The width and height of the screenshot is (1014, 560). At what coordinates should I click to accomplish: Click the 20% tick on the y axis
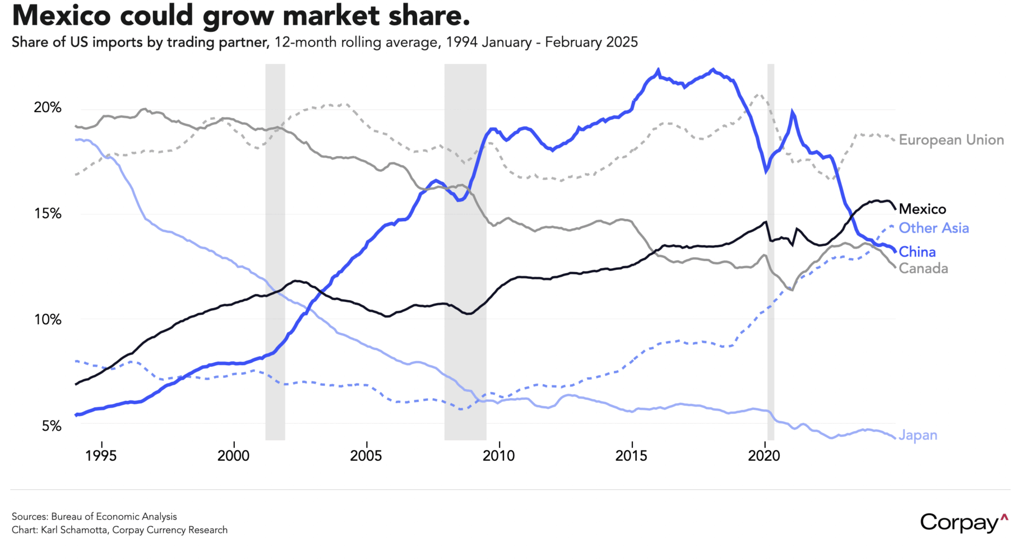pyautogui.click(x=48, y=108)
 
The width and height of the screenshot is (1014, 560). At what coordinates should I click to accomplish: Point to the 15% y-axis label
pyautogui.click(x=48, y=213)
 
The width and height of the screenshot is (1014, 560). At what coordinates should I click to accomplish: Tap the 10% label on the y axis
pyautogui.click(x=48, y=320)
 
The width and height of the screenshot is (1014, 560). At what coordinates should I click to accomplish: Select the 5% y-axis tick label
pyautogui.click(x=51, y=426)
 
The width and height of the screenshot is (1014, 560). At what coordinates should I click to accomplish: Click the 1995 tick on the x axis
pyautogui.click(x=101, y=456)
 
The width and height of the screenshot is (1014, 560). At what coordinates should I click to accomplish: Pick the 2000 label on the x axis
pyautogui.click(x=233, y=456)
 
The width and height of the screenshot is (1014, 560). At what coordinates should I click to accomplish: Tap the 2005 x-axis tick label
pyautogui.click(x=366, y=456)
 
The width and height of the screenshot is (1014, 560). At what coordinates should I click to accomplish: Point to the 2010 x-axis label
pyautogui.click(x=498, y=456)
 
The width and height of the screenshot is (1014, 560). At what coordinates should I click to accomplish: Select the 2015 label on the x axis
pyautogui.click(x=631, y=456)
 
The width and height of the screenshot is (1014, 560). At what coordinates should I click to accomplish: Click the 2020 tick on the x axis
pyautogui.click(x=764, y=456)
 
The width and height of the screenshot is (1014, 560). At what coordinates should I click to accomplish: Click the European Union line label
pyautogui.click(x=951, y=140)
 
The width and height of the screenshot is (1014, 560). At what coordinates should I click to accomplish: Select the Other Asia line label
pyautogui.click(x=934, y=228)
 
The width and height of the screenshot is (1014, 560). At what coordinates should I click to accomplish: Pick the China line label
pyautogui.click(x=917, y=252)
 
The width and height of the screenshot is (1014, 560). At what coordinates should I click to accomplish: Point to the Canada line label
pyautogui.click(x=923, y=269)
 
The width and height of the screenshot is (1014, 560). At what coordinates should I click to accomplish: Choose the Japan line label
pyautogui.click(x=918, y=435)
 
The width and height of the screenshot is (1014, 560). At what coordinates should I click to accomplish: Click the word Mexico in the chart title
pyautogui.click(x=62, y=15)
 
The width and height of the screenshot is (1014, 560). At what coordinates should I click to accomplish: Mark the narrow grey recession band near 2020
pyautogui.click(x=771, y=252)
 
